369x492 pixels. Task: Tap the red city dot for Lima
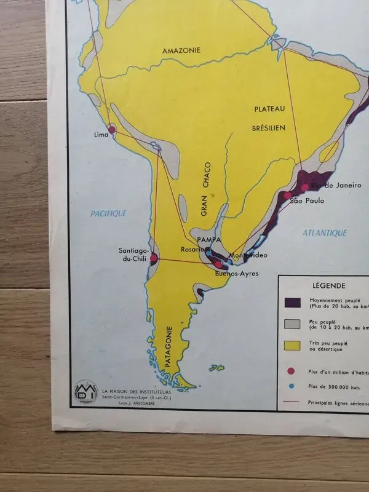[112, 130]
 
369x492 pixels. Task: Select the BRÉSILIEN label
[269, 129]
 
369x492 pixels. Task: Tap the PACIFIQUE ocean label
[108, 213]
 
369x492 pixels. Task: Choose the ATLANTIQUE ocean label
[325, 233]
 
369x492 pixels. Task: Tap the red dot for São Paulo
[287, 196]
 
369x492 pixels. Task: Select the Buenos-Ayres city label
[237, 274]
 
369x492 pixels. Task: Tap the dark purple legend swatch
[292, 303]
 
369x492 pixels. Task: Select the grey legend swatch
[292, 323]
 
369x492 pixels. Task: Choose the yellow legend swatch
[292, 346]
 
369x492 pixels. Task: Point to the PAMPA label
[209, 239]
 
